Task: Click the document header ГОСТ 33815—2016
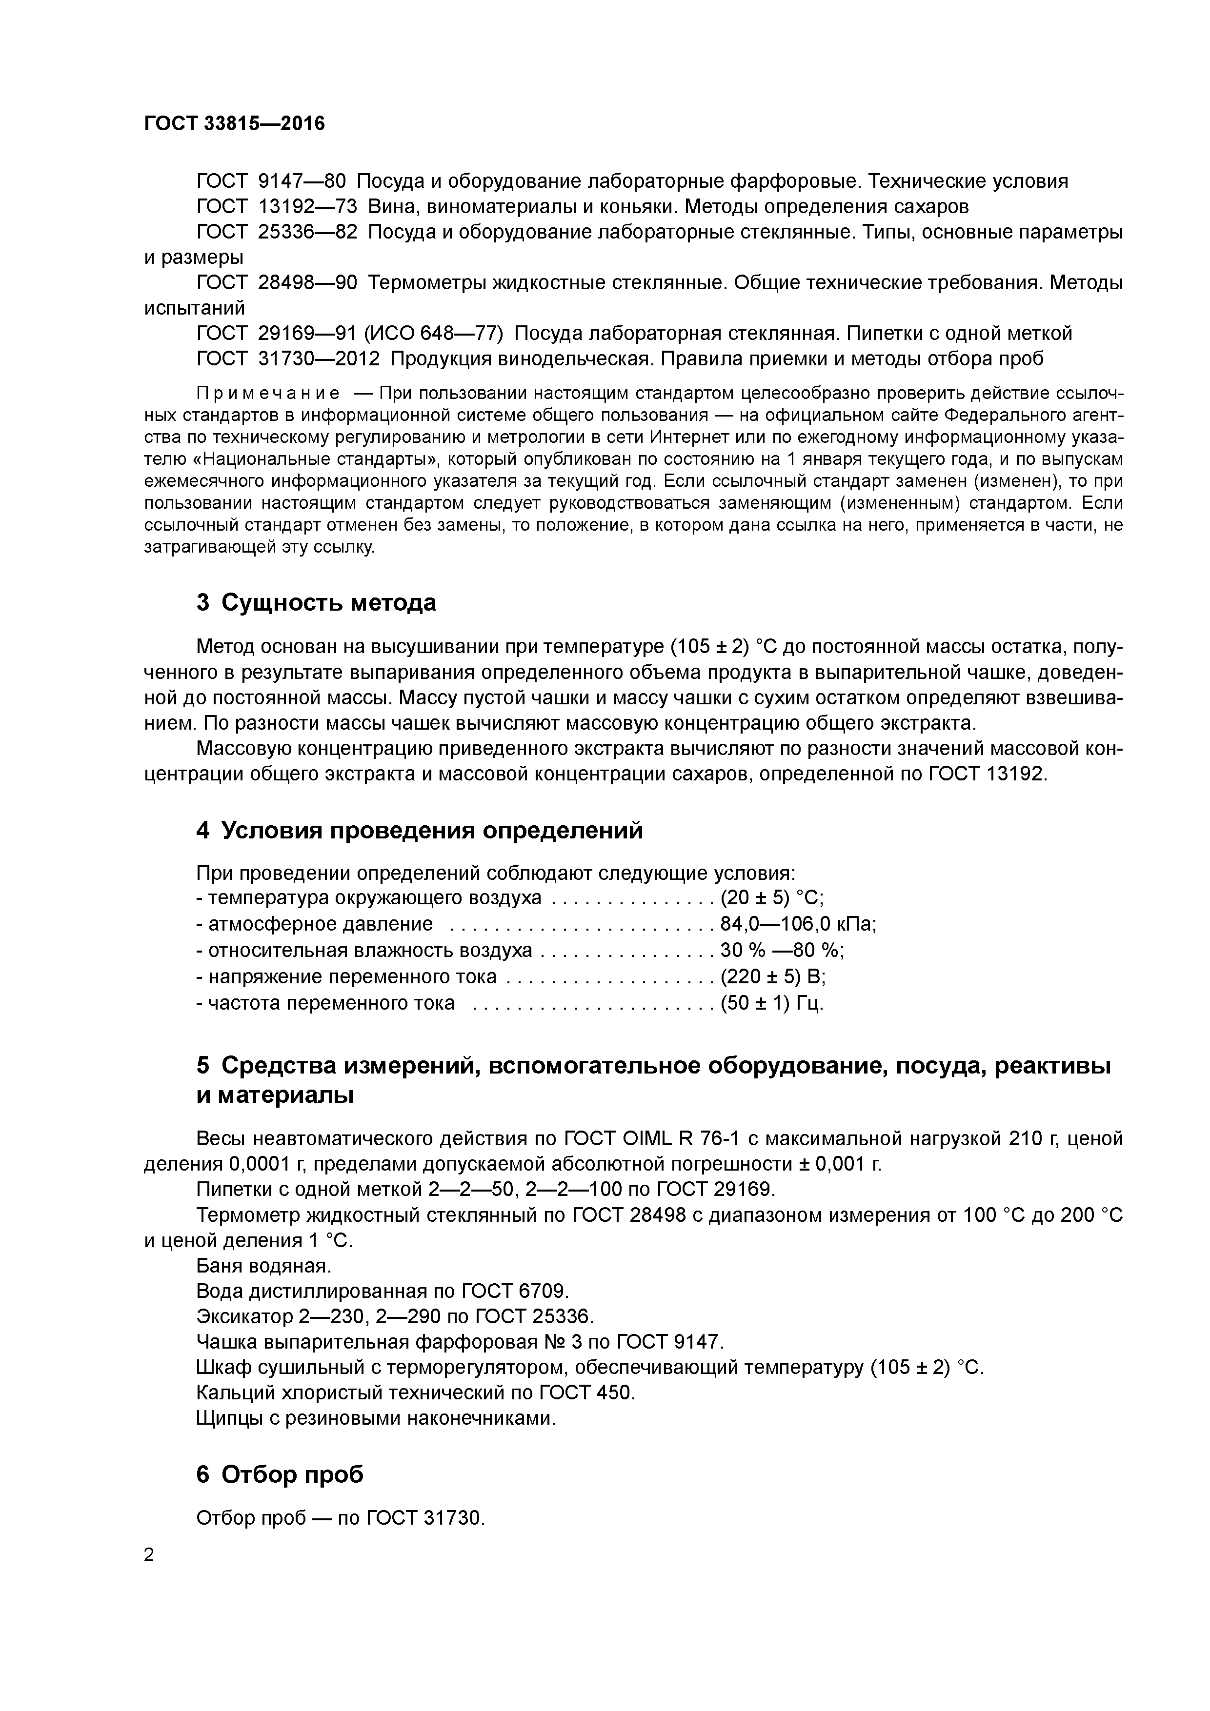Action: tap(234, 124)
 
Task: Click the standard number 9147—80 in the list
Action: tap(302, 181)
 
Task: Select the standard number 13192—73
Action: tap(307, 206)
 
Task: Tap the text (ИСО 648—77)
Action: tap(434, 333)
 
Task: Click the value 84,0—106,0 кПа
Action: tap(798, 924)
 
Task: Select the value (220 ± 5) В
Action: tap(772, 976)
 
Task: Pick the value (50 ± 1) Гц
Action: tap(771, 1003)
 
